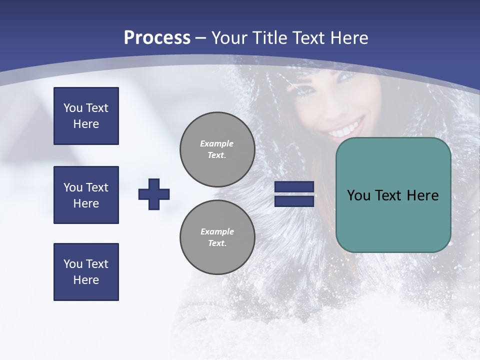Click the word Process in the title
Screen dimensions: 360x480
[x=157, y=38]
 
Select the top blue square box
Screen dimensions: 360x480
[x=86, y=116]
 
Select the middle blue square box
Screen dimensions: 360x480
[x=86, y=195]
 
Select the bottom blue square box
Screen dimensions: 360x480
[x=86, y=272]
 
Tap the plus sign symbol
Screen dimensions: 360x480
[x=154, y=194]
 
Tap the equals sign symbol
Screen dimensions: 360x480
[x=294, y=194]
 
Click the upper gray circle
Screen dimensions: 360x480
[x=217, y=149]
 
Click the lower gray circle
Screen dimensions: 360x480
[x=217, y=237]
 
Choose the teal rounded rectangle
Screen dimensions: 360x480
[x=393, y=195]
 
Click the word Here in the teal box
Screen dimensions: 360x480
[x=422, y=195]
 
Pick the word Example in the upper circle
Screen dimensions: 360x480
[x=217, y=143]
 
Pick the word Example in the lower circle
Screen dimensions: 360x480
[x=217, y=231]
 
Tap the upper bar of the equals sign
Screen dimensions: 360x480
[x=294, y=187]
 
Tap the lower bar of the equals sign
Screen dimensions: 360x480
[x=294, y=201]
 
